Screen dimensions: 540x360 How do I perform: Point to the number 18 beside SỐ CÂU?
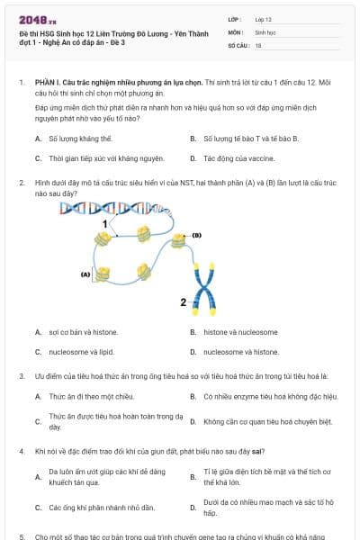(258, 44)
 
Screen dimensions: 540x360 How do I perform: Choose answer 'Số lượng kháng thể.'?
(80, 139)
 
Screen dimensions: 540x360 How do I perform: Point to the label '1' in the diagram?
(105, 222)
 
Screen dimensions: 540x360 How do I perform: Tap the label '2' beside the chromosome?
(184, 301)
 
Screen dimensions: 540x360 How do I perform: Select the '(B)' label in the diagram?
(196, 236)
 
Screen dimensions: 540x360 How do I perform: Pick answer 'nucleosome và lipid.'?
(81, 352)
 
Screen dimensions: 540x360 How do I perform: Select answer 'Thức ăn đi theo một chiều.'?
(91, 396)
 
